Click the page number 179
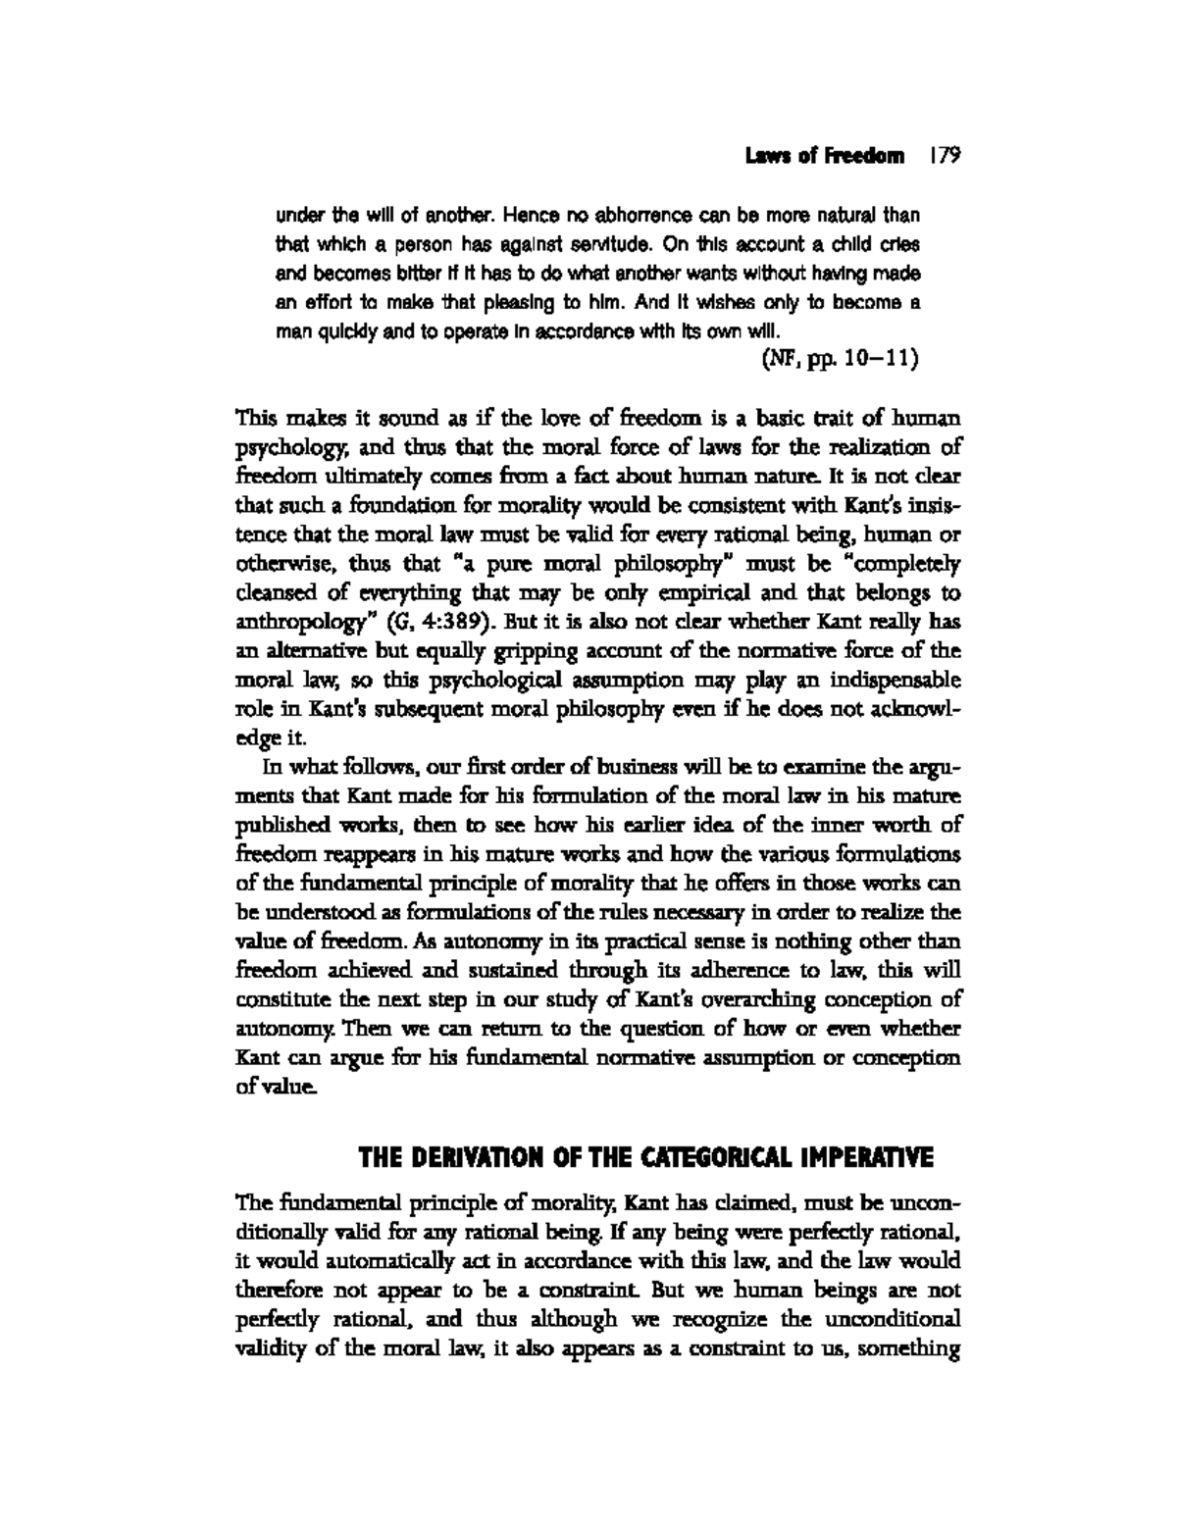[x=945, y=156]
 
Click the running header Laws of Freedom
[x=824, y=157]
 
